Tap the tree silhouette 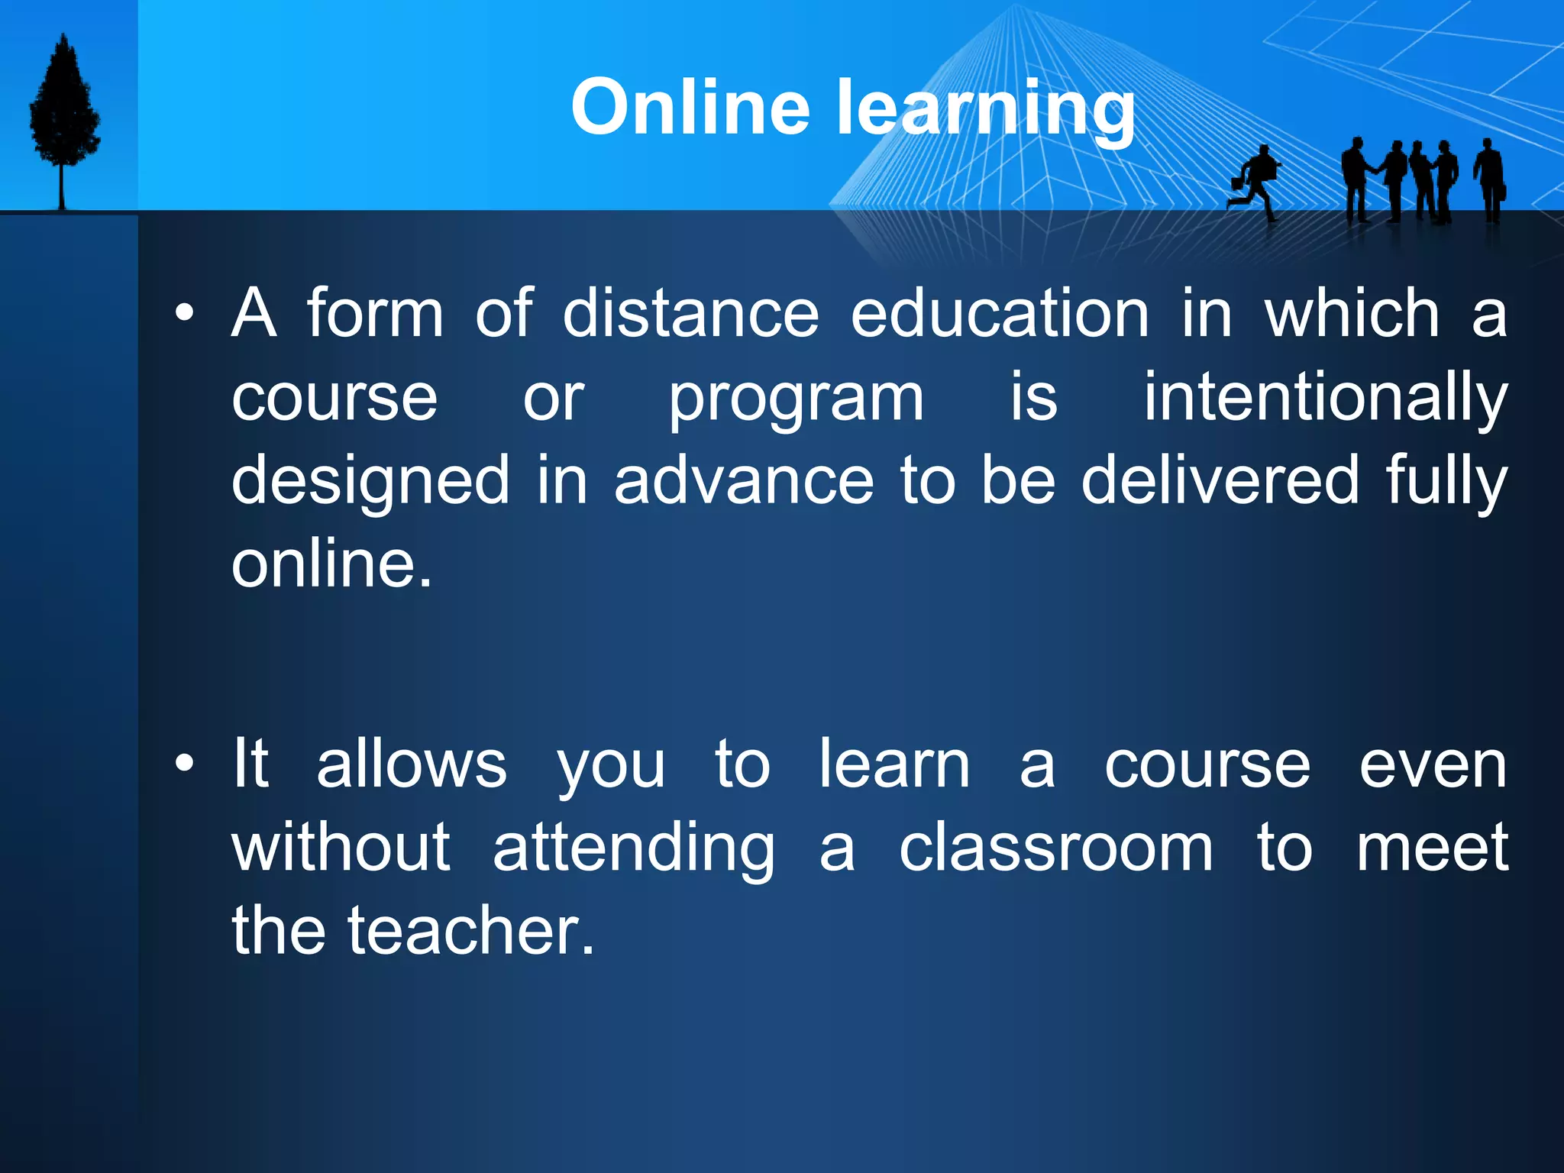pyautogui.click(x=64, y=115)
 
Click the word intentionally pyautogui.click(x=1325, y=399)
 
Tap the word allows pyautogui.click(x=412, y=764)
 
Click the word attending pyautogui.click(x=634, y=849)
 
